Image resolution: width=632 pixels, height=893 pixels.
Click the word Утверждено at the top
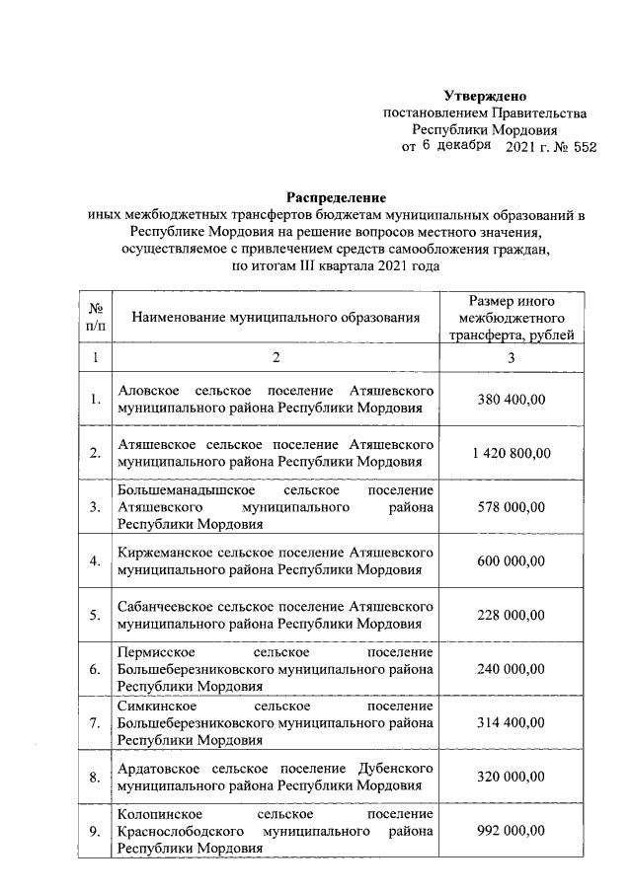point(485,96)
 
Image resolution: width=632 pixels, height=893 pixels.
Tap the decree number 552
point(583,147)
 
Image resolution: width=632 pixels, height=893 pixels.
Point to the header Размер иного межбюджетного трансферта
point(512,318)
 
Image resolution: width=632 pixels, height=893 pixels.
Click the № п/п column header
point(95,318)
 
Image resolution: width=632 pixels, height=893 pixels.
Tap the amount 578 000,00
point(512,507)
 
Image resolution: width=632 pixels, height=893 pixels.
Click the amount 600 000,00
point(512,561)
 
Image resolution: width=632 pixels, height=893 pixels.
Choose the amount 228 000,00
point(512,616)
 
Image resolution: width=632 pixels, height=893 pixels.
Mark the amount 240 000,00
point(512,670)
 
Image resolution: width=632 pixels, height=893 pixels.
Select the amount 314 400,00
point(512,723)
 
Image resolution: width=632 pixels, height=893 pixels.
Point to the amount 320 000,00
point(512,778)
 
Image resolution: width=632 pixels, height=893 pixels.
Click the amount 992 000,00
point(512,832)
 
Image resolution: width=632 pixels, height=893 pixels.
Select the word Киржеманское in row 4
point(162,553)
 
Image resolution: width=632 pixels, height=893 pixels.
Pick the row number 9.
point(95,832)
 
